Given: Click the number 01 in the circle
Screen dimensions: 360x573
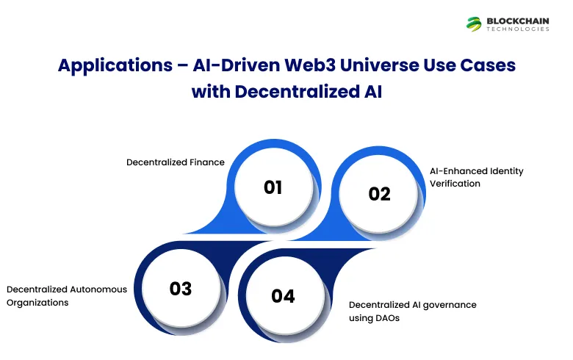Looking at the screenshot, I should (273, 187).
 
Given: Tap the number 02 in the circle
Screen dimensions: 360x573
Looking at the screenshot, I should (379, 194).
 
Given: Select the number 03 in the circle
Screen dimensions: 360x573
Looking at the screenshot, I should (181, 288).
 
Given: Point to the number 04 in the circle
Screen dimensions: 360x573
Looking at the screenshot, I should (283, 296).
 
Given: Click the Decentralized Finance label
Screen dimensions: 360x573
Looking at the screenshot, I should (176, 162).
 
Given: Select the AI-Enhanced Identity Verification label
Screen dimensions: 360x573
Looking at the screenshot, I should (476, 177).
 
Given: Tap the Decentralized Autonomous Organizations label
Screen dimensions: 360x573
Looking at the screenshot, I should (67, 295).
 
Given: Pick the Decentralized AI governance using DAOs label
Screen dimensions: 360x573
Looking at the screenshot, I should (412, 311).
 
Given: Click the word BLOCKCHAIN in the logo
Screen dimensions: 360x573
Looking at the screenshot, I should (517, 20).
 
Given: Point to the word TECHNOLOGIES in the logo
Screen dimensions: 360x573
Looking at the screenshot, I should (517, 29).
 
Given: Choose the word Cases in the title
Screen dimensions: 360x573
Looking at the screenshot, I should (490, 65).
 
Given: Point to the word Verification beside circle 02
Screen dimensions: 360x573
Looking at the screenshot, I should (455, 183).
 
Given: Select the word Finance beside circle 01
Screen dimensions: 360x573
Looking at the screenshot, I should (208, 162).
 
